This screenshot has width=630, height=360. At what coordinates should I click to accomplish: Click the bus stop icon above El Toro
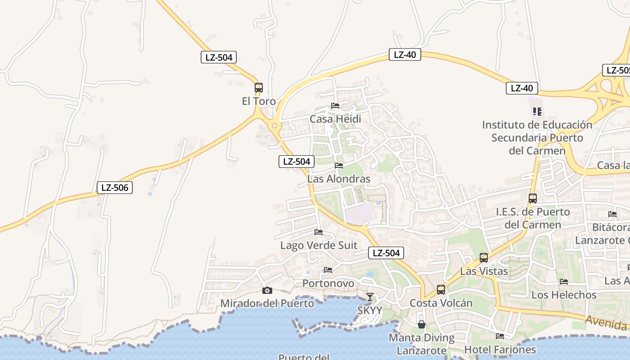pos(258,88)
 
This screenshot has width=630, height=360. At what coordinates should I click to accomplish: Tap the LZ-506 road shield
pos(115,188)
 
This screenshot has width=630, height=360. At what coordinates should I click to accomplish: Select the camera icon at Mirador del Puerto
pos(267,290)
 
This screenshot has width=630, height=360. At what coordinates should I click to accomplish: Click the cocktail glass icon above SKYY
pos(369,297)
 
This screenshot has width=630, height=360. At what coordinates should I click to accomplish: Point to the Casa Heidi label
pos(335,119)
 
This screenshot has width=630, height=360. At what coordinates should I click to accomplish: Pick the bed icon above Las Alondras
pos(339,166)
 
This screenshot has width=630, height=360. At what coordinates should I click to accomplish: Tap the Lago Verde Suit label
pos(319,245)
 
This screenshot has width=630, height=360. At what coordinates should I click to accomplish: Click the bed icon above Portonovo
pos(328,270)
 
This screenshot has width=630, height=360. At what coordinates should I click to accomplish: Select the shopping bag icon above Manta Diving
pos(422,324)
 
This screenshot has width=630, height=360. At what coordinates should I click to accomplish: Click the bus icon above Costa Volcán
pos(441,290)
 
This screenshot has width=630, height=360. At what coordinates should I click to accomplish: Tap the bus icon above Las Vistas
pos(484,258)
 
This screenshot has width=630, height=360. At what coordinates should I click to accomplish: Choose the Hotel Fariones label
pos(500,349)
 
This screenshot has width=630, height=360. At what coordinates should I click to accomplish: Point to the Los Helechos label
pos(564,295)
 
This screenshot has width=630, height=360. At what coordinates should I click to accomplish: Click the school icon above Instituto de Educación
pos(537,111)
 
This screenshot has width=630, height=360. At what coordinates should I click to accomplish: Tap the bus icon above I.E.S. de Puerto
pos(533,198)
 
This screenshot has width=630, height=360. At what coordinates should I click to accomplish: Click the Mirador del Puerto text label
pos(267,303)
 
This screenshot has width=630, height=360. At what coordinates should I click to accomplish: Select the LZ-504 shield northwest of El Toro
pos(219,57)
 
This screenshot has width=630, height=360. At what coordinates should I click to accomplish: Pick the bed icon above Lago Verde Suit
pos(319,232)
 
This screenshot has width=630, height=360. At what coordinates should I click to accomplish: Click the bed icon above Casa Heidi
pos(335,106)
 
